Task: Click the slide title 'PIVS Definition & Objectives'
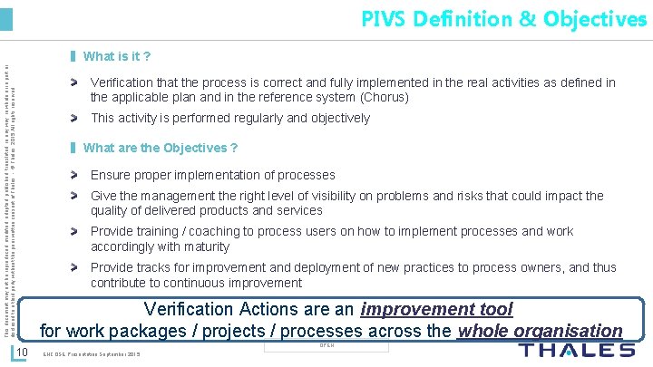[x=503, y=18]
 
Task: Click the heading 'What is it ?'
[x=117, y=57]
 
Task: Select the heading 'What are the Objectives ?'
[x=161, y=148]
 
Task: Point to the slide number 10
[x=25, y=352]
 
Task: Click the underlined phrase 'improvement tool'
[x=436, y=310]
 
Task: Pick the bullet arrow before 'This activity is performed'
[x=78, y=119]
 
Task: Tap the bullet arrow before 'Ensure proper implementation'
[x=78, y=175]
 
